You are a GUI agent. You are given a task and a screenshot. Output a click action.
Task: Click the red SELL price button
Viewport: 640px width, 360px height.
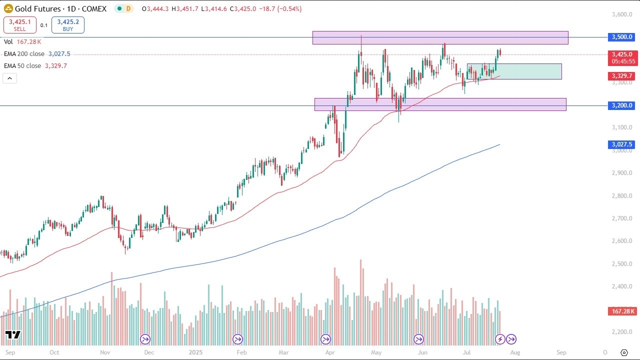(19, 25)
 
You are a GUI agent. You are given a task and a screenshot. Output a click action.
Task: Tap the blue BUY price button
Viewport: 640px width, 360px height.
(67, 25)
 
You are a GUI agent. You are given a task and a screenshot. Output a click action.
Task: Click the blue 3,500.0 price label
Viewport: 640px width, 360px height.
(621, 37)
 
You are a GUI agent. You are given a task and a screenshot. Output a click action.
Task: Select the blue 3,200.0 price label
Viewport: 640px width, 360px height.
(621, 105)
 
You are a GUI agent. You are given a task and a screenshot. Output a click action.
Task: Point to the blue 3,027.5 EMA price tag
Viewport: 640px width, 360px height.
(621, 144)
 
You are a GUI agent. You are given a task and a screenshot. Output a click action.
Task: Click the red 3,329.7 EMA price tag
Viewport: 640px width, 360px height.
(621, 75)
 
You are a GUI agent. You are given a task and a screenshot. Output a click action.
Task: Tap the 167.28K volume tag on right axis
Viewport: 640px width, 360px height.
(622, 311)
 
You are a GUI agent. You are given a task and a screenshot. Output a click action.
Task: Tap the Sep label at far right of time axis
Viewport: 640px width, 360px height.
(561, 352)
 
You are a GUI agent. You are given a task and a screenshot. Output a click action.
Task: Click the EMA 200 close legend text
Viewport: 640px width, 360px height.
(24, 54)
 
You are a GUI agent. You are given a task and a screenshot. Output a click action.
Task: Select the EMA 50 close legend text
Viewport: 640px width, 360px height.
(22, 65)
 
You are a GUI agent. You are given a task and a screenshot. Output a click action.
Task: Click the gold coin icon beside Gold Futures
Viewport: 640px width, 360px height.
(8, 8)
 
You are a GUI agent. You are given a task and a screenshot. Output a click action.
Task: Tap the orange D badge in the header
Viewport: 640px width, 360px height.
(128, 8)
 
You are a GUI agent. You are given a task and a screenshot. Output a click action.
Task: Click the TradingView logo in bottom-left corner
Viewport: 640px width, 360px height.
(13, 334)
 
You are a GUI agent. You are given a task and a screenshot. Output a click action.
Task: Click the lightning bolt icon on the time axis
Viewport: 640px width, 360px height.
(500, 339)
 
